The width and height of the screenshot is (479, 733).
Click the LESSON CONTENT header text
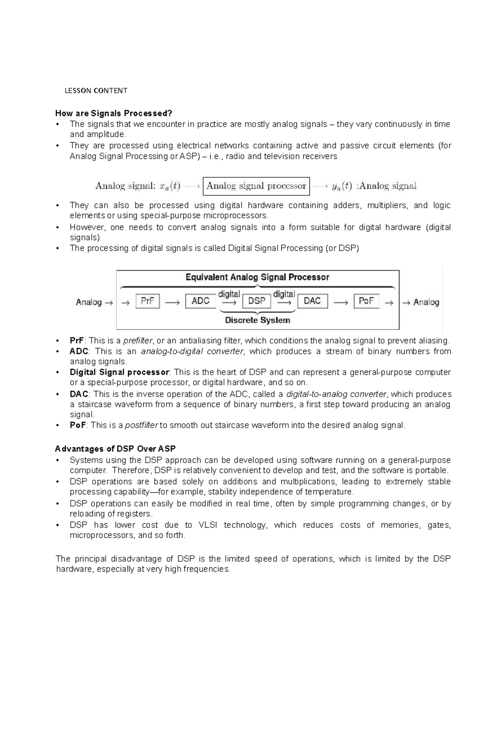pyautogui.click(x=96, y=91)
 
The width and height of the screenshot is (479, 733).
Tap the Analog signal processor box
pyautogui.click(x=256, y=186)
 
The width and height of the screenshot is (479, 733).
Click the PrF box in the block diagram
pyautogui.click(x=148, y=301)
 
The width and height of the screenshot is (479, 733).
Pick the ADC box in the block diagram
pyautogui.click(x=200, y=301)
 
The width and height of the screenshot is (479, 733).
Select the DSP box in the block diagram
pyautogui.click(x=256, y=301)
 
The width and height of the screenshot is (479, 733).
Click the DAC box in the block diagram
pyautogui.click(x=312, y=301)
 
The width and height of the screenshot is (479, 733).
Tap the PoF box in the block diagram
pyautogui.click(x=366, y=301)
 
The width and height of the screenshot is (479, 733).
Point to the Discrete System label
pyautogui.click(x=257, y=320)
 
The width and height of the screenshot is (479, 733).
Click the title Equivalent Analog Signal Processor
pyautogui.click(x=257, y=277)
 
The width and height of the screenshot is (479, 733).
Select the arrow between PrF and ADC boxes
pyautogui.click(x=172, y=303)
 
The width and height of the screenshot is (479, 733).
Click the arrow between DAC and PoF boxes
pyautogui.click(x=340, y=303)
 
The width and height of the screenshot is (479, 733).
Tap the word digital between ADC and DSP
pyautogui.click(x=229, y=294)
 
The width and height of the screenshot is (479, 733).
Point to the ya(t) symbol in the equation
pyautogui.click(x=342, y=186)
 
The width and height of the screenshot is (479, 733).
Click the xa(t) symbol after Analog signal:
pyautogui.click(x=170, y=186)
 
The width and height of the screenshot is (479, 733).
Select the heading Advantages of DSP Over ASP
pyautogui.click(x=115, y=449)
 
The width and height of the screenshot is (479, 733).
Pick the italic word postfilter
pyautogui.click(x=141, y=425)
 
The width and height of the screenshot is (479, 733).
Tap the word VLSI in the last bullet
pyautogui.click(x=208, y=525)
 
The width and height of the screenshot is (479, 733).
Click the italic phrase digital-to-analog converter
pyautogui.click(x=336, y=394)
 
